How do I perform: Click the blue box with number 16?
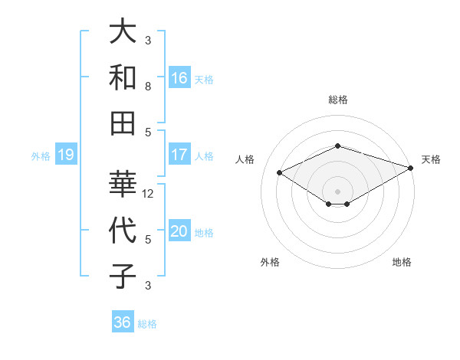click(179, 77)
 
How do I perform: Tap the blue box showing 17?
click(179, 155)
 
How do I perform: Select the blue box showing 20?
click(179, 232)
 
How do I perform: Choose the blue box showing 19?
click(66, 155)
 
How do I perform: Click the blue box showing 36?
click(123, 322)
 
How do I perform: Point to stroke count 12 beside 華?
click(149, 194)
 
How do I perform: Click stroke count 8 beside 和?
click(148, 87)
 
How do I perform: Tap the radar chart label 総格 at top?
click(338, 100)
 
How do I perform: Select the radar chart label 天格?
click(431, 159)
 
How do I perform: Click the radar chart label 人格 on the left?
click(245, 159)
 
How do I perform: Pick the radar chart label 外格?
click(269, 262)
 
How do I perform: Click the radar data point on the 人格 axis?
click(280, 172)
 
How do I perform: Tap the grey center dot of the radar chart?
click(338, 191)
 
